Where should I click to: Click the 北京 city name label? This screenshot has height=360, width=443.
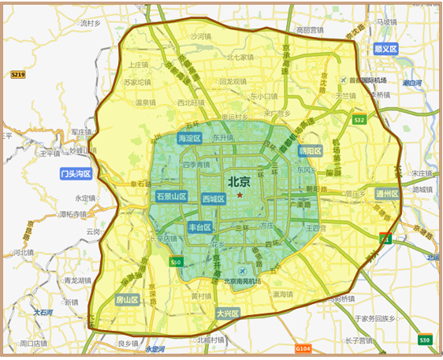click(240, 180)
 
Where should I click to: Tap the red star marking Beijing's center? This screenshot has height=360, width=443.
click(240, 193)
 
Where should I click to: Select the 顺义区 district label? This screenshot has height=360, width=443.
click(385, 49)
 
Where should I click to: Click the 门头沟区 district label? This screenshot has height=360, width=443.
click(76, 173)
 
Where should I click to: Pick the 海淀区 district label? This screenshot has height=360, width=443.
click(190, 138)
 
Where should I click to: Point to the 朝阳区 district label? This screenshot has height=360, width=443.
click(311, 150)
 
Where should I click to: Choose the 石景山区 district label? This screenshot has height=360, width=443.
click(171, 196)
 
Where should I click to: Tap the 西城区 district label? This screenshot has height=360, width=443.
click(214, 199)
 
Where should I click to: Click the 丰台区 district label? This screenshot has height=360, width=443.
click(200, 228)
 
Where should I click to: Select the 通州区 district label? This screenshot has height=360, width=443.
click(387, 193)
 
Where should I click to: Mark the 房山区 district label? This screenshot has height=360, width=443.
click(127, 300)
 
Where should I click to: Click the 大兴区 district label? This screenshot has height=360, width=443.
click(228, 313)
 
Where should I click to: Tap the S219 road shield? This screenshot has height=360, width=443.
click(17, 74)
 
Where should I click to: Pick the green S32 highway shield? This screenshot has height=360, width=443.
click(359, 120)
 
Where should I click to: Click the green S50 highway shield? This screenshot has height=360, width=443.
click(177, 262)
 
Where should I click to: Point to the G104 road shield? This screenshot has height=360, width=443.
click(303, 347)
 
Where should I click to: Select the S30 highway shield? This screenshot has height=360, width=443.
click(425, 340)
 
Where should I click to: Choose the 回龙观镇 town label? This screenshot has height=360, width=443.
click(234, 80)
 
